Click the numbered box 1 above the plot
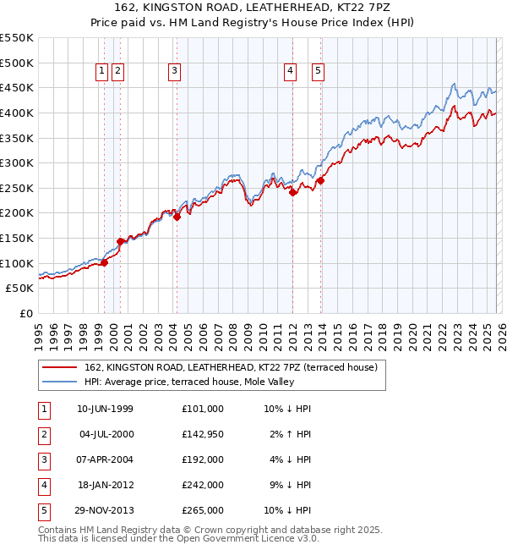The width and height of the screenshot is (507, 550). [101, 72]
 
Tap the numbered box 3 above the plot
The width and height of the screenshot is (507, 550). [174, 72]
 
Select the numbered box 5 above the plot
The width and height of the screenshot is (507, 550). [319, 72]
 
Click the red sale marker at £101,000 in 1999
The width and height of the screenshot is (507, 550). [105, 263]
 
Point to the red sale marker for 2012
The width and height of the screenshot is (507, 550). [293, 192]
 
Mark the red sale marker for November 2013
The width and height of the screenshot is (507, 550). [321, 181]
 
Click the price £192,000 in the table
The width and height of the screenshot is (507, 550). [202, 459]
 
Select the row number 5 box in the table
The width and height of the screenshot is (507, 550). [42, 510]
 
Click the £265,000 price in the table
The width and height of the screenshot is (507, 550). [202, 510]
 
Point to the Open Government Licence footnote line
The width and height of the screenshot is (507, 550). [178, 538]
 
